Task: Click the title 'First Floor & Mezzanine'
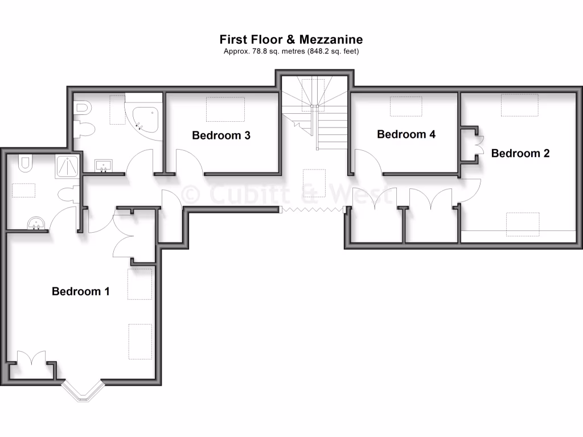click(x=291, y=39)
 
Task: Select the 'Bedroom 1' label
click(x=80, y=291)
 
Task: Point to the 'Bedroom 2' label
click(x=520, y=153)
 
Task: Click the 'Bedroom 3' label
click(x=221, y=135)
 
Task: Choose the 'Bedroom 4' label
click(x=406, y=134)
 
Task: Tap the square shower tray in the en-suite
click(x=68, y=167)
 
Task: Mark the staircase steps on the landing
click(x=330, y=128)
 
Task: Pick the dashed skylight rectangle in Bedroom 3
click(x=225, y=109)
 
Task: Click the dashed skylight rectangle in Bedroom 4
click(x=405, y=106)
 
